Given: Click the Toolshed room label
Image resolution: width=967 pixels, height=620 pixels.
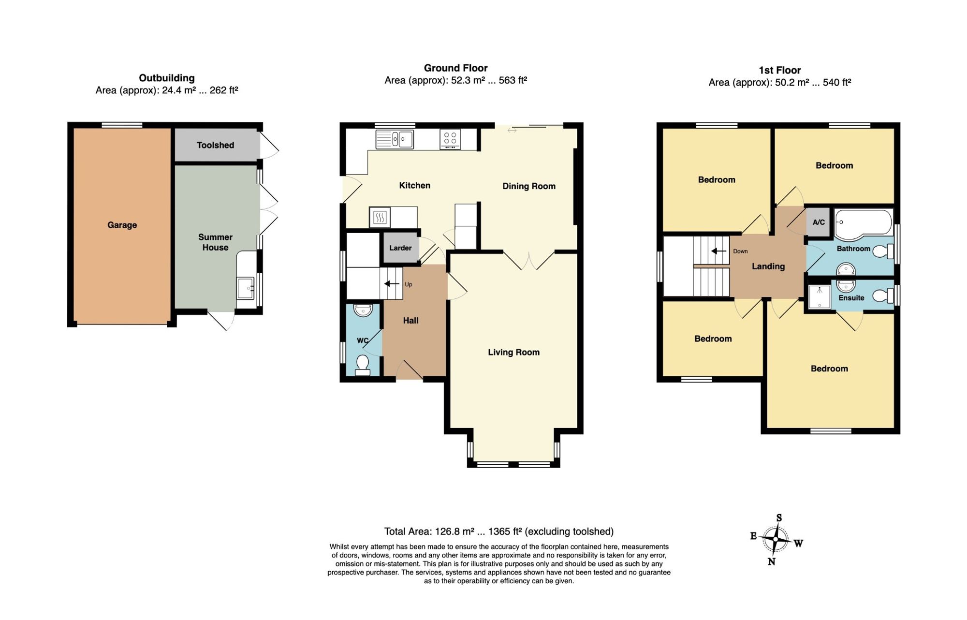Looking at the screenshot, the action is [215, 145].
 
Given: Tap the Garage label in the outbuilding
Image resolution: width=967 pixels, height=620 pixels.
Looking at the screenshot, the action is [122, 225].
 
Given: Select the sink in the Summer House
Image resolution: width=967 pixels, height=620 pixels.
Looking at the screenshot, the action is [246, 288].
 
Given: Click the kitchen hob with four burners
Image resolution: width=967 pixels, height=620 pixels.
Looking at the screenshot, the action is [450, 140].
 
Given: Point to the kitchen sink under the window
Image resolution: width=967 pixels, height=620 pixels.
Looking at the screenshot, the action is [395, 139].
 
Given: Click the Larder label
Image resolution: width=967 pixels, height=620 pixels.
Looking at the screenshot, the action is [400, 248].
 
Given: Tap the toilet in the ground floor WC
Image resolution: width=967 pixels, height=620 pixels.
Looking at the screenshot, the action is [363, 365].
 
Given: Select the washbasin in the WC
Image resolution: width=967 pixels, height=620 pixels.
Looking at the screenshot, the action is [363, 310].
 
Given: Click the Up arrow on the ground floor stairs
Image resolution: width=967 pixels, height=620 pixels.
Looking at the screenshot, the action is [392, 284].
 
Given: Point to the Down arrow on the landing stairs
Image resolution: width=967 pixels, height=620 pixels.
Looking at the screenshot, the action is [718, 251].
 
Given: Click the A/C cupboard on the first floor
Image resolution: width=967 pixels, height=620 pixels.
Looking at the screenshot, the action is [819, 222].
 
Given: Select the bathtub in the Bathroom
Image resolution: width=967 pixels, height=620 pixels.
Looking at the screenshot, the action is [864, 225].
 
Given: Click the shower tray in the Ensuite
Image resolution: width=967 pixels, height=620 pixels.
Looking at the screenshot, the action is [820, 296].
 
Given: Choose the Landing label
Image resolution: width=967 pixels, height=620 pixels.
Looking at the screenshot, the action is [768, 266].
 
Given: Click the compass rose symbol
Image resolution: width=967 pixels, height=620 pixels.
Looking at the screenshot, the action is [776, 539].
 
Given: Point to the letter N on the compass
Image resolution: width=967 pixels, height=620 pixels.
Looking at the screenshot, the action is [772, 561].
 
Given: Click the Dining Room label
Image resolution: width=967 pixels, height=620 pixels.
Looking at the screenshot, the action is [529, 186].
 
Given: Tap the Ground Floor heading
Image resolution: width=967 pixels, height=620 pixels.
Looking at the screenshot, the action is [455, 68].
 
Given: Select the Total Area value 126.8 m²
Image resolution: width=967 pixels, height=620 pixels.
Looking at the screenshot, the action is [454, 531].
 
